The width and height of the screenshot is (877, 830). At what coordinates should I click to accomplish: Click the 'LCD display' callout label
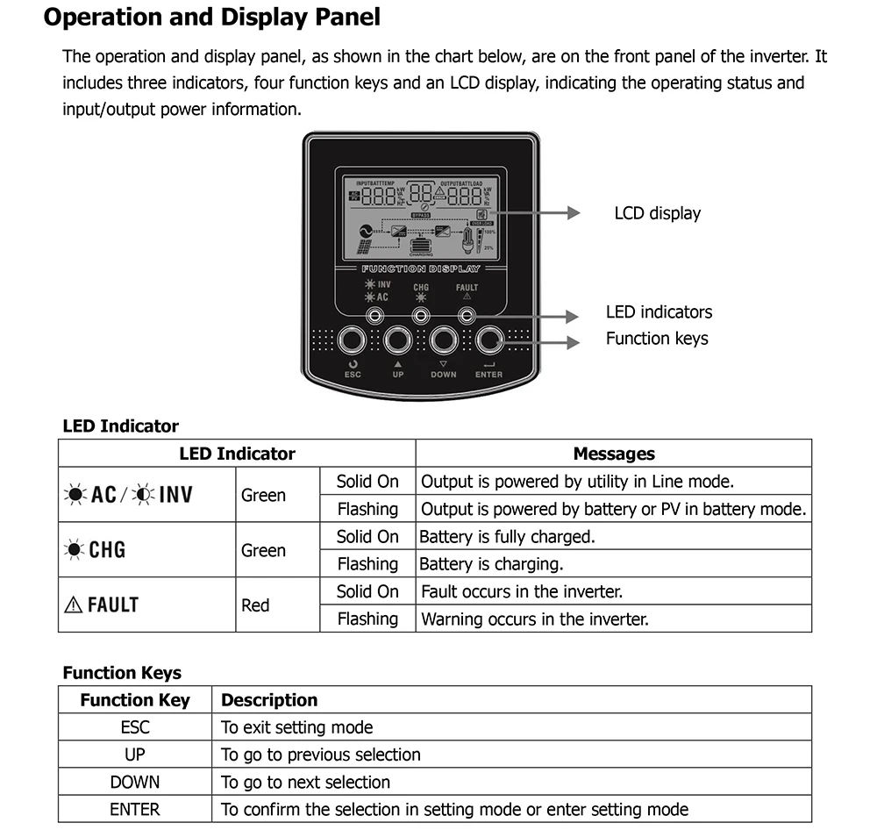pos(657,213)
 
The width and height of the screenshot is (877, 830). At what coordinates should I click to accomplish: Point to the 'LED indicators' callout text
pos(659,312)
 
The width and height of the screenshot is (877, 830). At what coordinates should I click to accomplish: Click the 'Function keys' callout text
pos(657,339)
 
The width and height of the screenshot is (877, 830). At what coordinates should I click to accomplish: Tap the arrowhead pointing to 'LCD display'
pos(573,213)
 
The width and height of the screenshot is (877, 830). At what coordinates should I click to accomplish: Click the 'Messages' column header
pos(613,454)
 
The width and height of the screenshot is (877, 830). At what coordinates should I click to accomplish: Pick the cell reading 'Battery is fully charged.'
pos(507,536)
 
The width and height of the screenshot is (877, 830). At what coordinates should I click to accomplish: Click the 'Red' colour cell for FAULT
pos(255,605)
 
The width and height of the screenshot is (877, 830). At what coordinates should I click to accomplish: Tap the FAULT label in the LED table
pos(102,605)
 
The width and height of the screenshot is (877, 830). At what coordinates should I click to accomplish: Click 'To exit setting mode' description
pos(296,727)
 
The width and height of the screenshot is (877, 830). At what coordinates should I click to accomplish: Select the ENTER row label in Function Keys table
pos(135,810)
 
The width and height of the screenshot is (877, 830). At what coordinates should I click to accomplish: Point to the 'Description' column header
pos(269,700)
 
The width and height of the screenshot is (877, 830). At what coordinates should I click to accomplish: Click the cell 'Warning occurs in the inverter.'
pos(535,619)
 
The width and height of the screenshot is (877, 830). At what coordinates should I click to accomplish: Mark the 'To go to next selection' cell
pos(305,782)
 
